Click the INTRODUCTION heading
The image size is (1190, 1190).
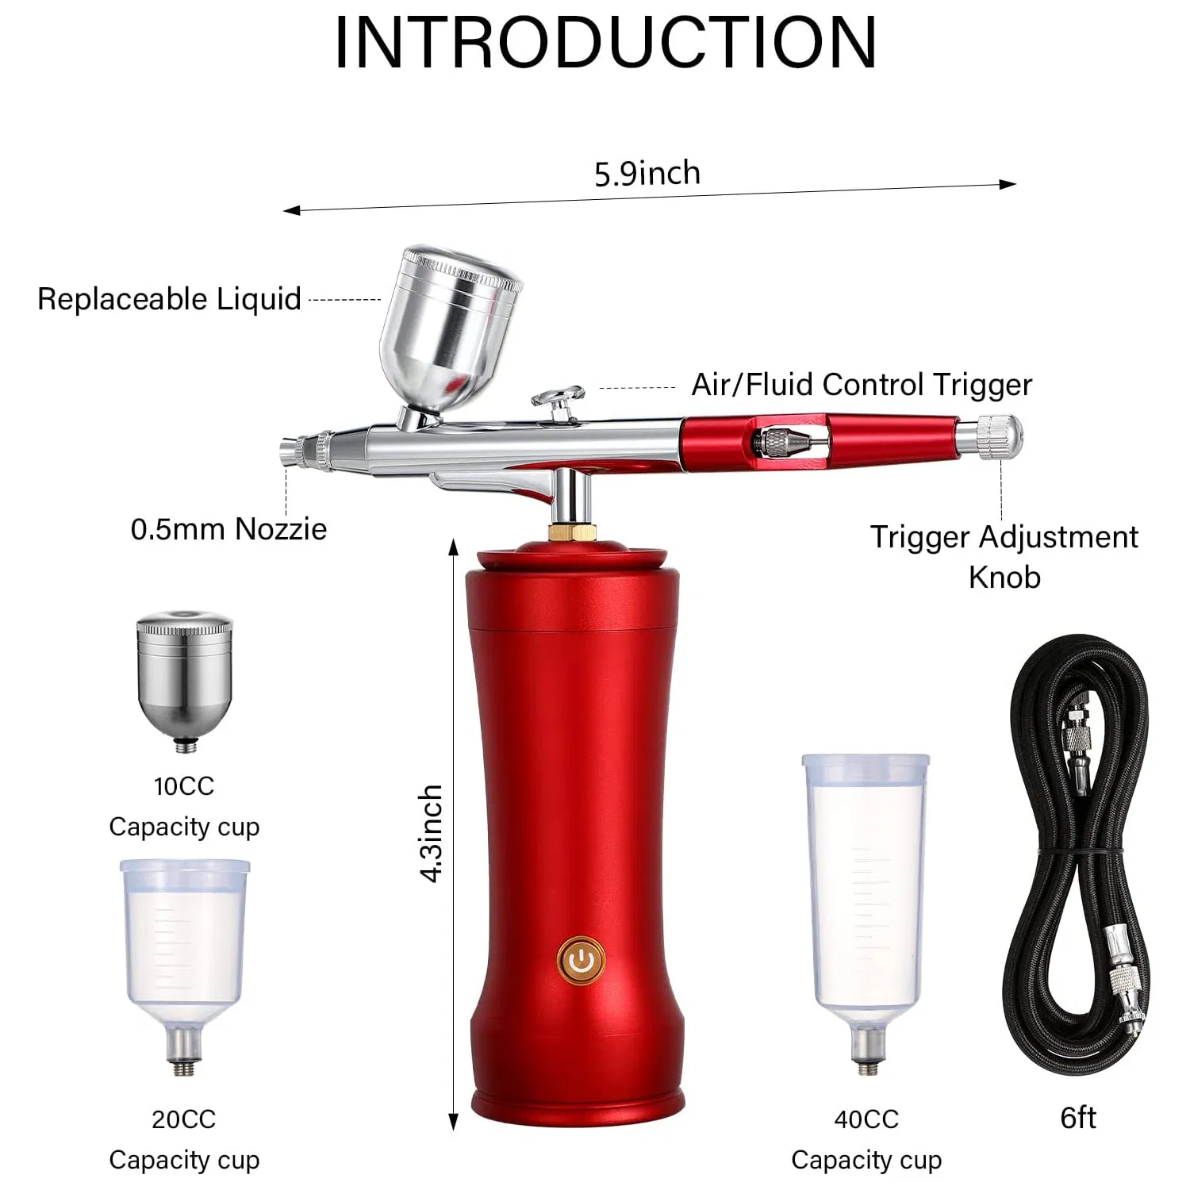(x=605, y=44)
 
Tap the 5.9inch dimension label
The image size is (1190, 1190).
(x=647, y=174)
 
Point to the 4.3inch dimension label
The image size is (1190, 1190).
(x=431, y=833)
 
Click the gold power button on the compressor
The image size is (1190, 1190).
(x=582, y=960)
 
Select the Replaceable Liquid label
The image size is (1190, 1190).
(x=169, y=299)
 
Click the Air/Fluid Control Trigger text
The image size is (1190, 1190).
(x=862, y=385)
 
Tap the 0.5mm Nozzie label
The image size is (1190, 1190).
(x=228, y=529)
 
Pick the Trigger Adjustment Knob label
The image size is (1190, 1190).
(x=1004, y=556)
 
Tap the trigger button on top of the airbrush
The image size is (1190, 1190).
(x=559, y=396)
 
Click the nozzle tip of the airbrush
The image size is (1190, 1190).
(x=290, y=453)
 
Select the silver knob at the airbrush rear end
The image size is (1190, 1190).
(x=999, y=437)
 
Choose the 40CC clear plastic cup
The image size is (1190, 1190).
(x=866, y=896)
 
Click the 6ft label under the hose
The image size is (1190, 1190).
(x=1078, y=1118)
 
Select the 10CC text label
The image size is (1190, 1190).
(x=184, y=786)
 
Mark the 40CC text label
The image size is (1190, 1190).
(x=866, y=1119)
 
